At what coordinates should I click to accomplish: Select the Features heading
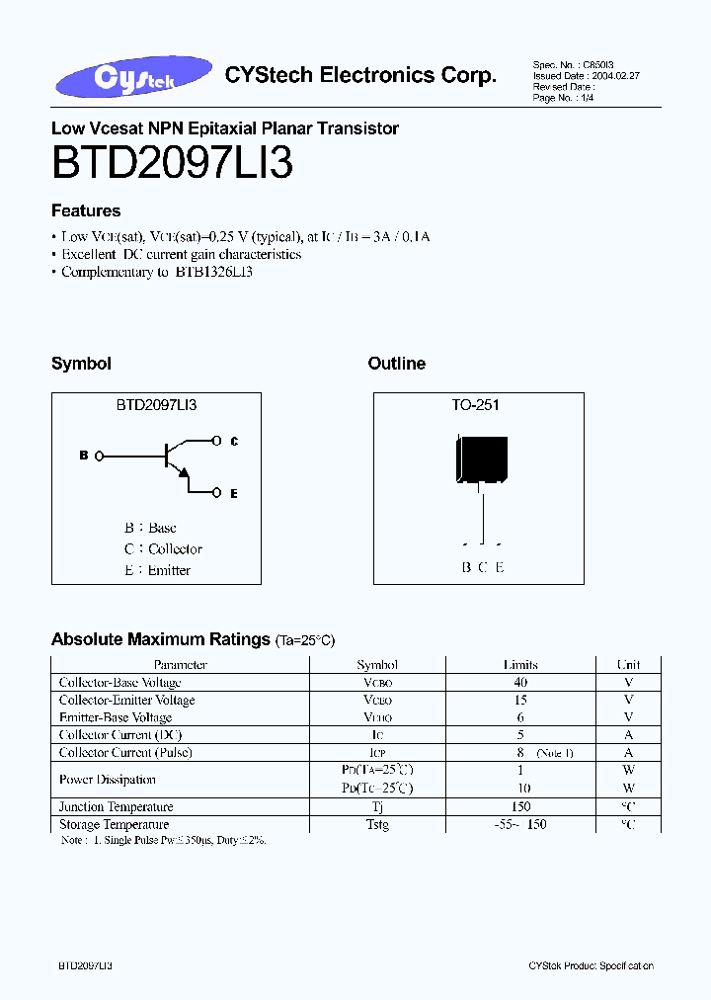[x=86, y=210]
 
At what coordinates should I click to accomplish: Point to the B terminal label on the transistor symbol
[x=84, y=456]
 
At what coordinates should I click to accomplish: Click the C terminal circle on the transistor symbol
[x=218, y=441]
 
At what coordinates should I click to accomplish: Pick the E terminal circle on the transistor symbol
[x=218, y=491]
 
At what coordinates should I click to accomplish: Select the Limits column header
[x=520, y=665]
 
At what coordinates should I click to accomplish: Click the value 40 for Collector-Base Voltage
[x=520, y=683]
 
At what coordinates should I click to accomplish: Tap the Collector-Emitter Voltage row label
[x=126, y=701]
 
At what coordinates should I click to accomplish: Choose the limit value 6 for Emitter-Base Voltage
[x=520, y=717]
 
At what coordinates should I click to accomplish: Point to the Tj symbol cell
[x=377, y=807]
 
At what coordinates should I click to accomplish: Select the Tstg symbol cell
[x=377, y=825]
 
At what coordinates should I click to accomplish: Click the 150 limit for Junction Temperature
[x=520, y=807]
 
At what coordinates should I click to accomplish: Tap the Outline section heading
[x=397, y=364]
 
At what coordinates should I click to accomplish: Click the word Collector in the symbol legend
[x=176, y=549]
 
